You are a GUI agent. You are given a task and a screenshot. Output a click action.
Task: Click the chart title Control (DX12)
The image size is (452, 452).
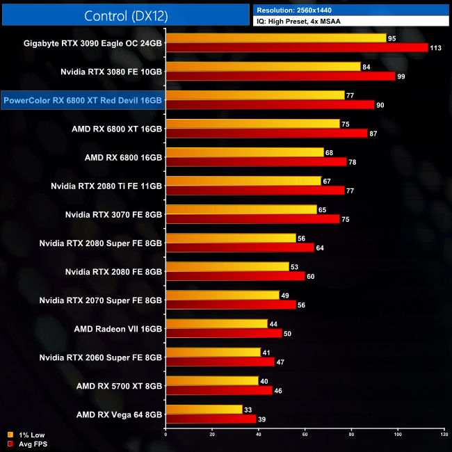point(125,15)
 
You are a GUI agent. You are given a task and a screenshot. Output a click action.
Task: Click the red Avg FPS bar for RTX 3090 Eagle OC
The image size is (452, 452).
point(296,47)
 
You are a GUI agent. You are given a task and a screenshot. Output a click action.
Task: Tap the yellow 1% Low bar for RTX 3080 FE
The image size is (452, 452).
point(263,66)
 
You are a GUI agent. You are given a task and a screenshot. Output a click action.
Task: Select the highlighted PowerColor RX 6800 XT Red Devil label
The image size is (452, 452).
point(83,100)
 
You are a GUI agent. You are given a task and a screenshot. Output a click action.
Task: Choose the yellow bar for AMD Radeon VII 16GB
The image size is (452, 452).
point(216,323)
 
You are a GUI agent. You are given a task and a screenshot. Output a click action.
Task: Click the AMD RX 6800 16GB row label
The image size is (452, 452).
point(123,157)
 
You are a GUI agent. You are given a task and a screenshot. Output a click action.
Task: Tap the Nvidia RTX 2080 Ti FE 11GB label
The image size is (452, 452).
point(106,186)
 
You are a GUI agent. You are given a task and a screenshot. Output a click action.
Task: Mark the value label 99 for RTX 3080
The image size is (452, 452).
point(401,76)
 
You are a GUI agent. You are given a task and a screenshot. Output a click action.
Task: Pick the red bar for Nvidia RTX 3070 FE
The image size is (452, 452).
point(252,219)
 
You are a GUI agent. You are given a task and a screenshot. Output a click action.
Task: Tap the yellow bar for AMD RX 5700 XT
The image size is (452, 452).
point(212,381)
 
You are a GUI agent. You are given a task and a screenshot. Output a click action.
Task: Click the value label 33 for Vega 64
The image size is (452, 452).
point(248,409)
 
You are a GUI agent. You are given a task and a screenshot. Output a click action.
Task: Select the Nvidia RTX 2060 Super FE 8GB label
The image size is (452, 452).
point(101,357)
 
